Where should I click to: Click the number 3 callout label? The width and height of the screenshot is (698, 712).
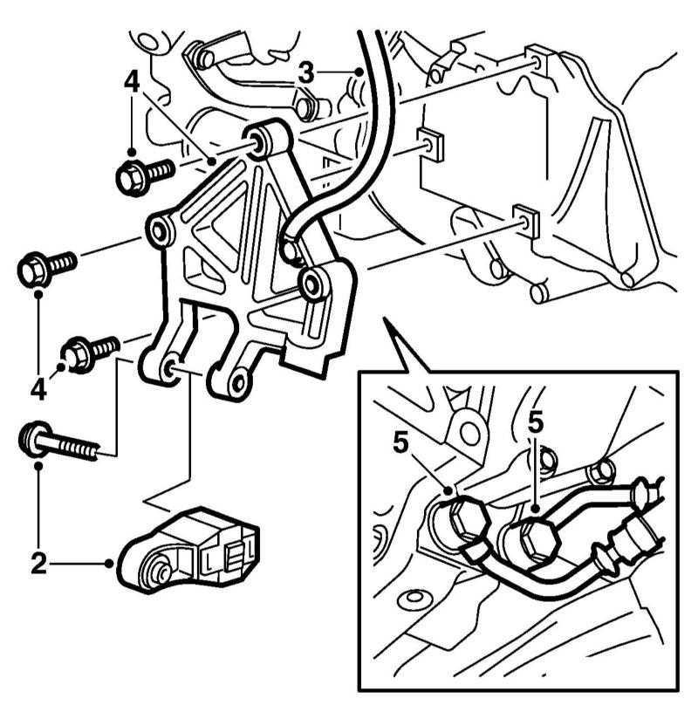click(306, 72)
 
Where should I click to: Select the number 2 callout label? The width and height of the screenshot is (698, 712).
click(39, 563)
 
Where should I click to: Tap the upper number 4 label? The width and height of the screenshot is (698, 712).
click(132, 82)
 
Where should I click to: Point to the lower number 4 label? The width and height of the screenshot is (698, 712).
click(38, 388)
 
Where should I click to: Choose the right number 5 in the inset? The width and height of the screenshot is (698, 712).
click(536, 422)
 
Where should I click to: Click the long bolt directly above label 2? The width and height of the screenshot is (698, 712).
click(59, 442)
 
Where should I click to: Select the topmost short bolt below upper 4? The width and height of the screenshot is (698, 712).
click(146, 175)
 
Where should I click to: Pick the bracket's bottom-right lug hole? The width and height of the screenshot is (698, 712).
click(236, 382)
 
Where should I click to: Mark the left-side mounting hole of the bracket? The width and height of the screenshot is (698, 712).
click(159, 231)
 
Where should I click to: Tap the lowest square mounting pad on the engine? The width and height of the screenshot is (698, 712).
click(525, 220)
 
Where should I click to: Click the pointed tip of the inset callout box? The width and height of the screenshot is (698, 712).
click(385, 318)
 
